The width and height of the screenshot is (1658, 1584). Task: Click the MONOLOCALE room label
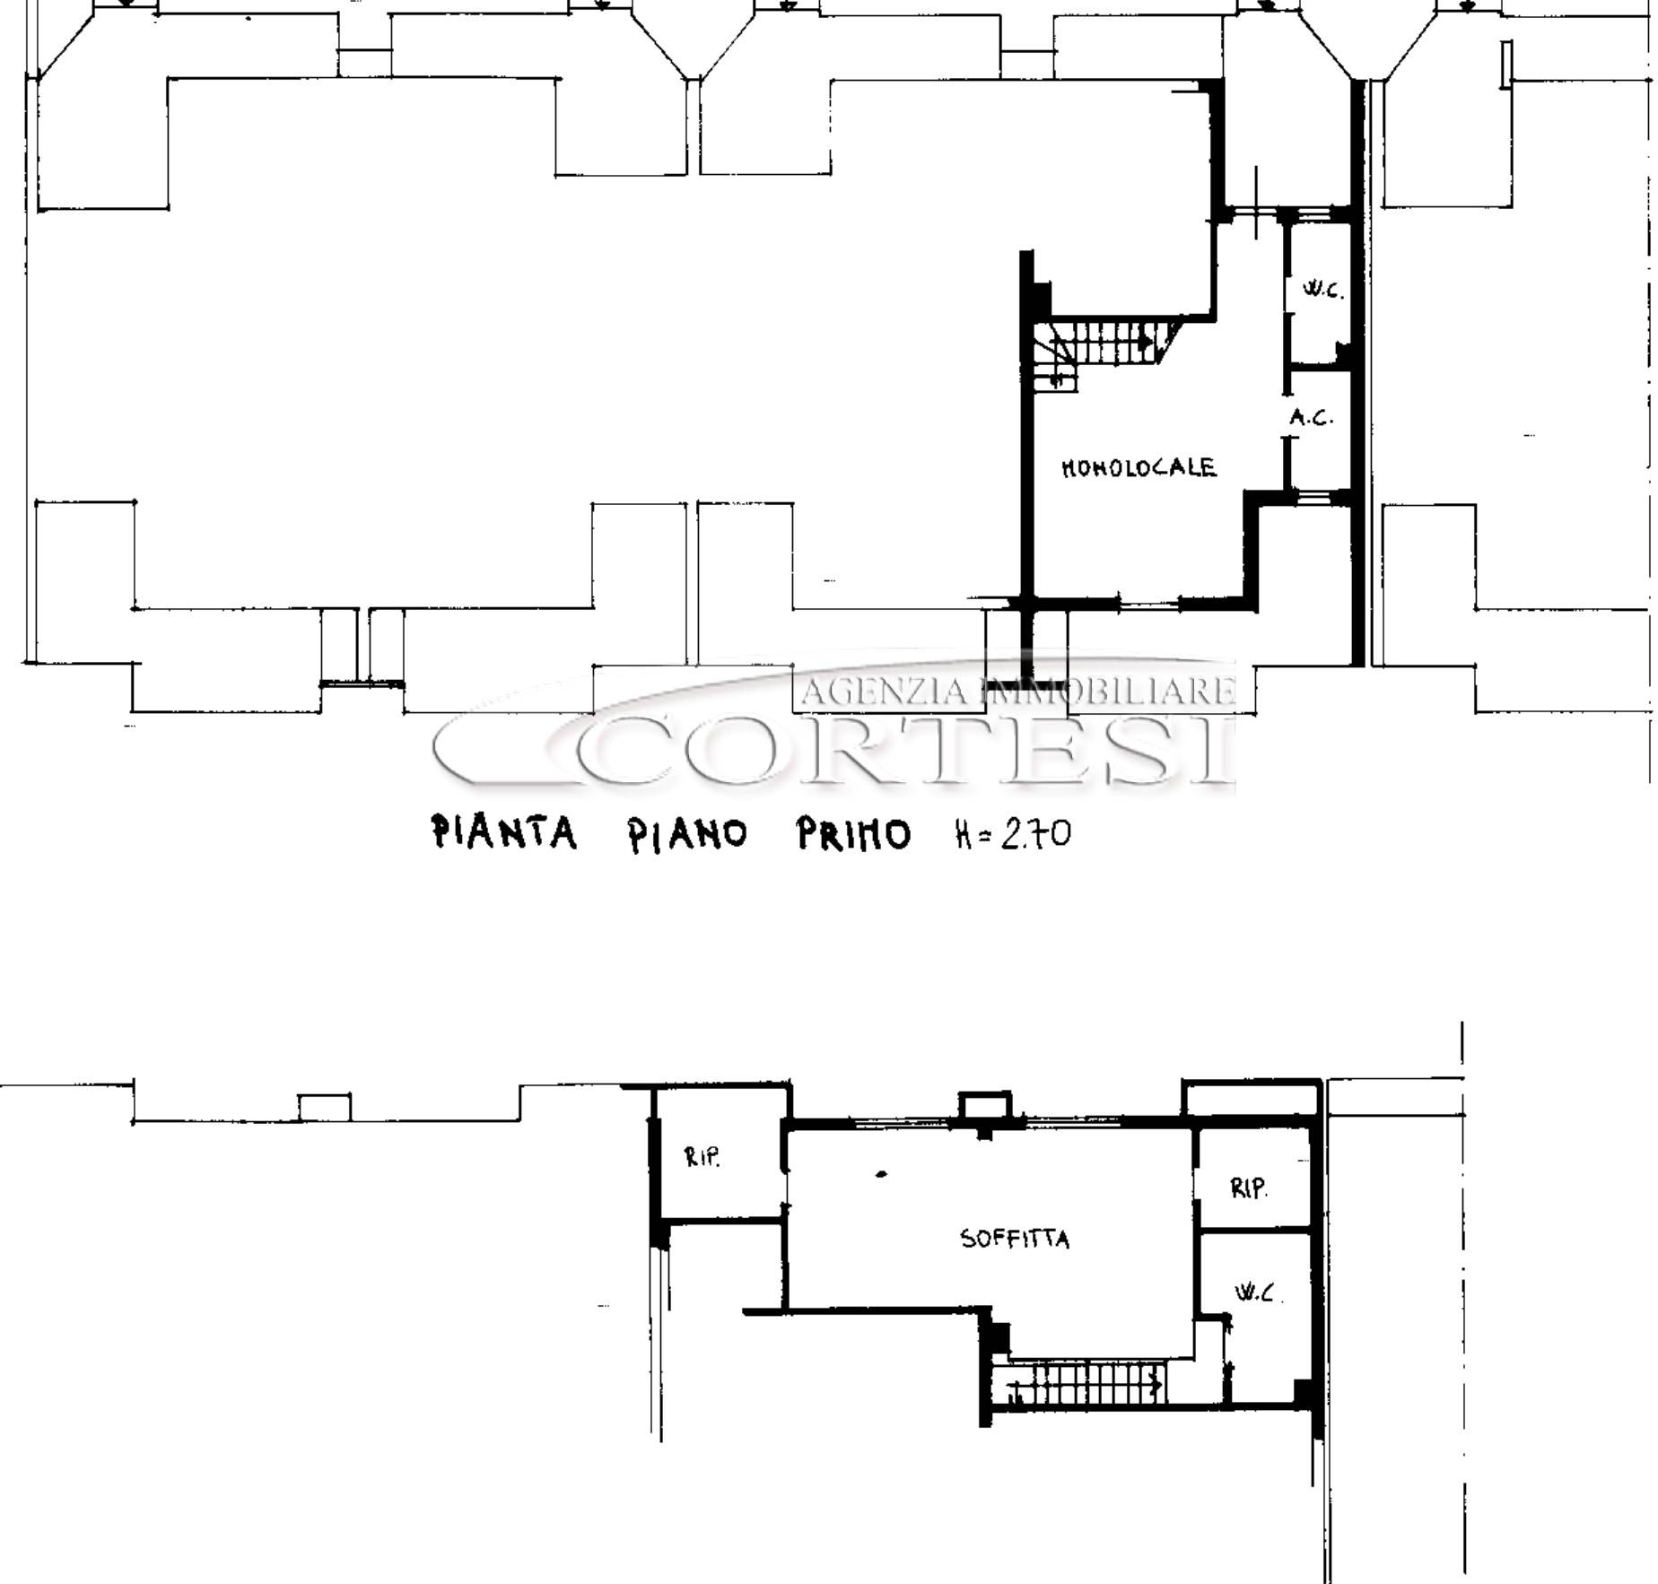click(x=1139, y=467)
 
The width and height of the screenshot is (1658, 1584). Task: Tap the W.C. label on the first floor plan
click(x=1322, y=291)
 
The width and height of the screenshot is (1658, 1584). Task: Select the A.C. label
click(x=1312, y=417)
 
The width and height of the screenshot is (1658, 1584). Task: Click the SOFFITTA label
click(x=1015, y=1239)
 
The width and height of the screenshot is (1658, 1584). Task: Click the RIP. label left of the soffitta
click(x=702, y=1156)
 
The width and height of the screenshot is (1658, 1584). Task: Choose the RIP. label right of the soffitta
click(x=1248, y=1188)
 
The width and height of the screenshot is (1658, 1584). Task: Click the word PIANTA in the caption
click(x=504, y=832)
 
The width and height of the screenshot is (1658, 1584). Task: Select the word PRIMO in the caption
click(x=853, y=835)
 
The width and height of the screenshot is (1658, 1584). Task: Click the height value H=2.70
click(x=1012, y=835)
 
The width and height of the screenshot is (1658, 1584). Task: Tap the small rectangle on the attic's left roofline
click(x=325, y=1107)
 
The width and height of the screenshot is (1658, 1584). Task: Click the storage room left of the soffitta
click(x=721, y=1153)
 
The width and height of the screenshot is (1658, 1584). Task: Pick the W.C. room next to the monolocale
click(x=1319, y=292)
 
